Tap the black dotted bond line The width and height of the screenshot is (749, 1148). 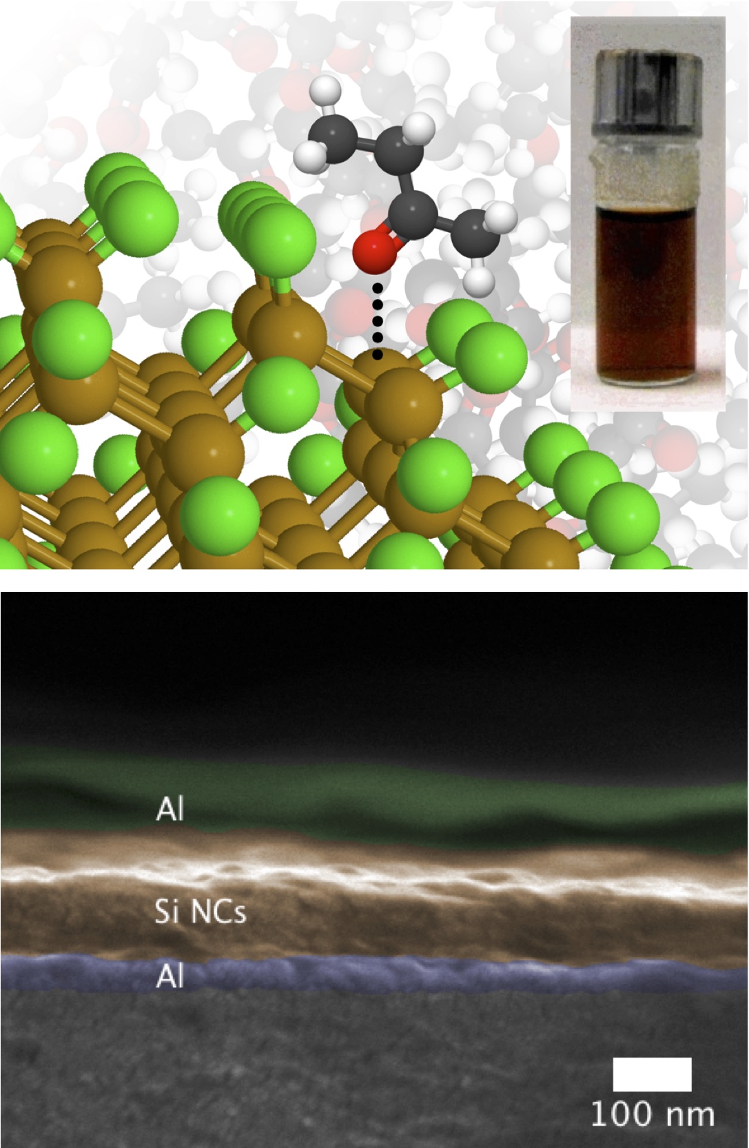pyautogui.click(x=377, y=320)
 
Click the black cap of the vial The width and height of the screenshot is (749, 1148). pyautogui.click(x=648, y=97)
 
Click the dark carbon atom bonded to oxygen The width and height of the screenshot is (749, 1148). pyautogui.click(x=413, y=216)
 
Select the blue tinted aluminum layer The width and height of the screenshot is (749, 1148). pyautogui.click(x=374, y=972)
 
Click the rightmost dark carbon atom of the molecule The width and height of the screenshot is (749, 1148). pyautogui.click(x=475, y=232)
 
